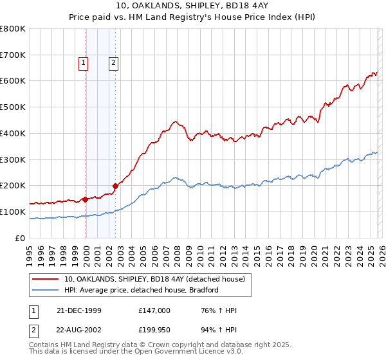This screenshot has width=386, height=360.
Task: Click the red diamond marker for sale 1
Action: [x=86, y=199]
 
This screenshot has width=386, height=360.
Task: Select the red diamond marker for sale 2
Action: [x=116, y=186]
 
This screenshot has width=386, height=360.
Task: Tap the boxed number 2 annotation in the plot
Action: [x=113, y=63]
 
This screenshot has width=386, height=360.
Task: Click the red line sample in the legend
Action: [x=46, y=280]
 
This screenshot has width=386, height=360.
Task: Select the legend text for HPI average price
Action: [x=142, y=290]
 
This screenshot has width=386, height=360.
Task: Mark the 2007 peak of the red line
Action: [x=174, y=120]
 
